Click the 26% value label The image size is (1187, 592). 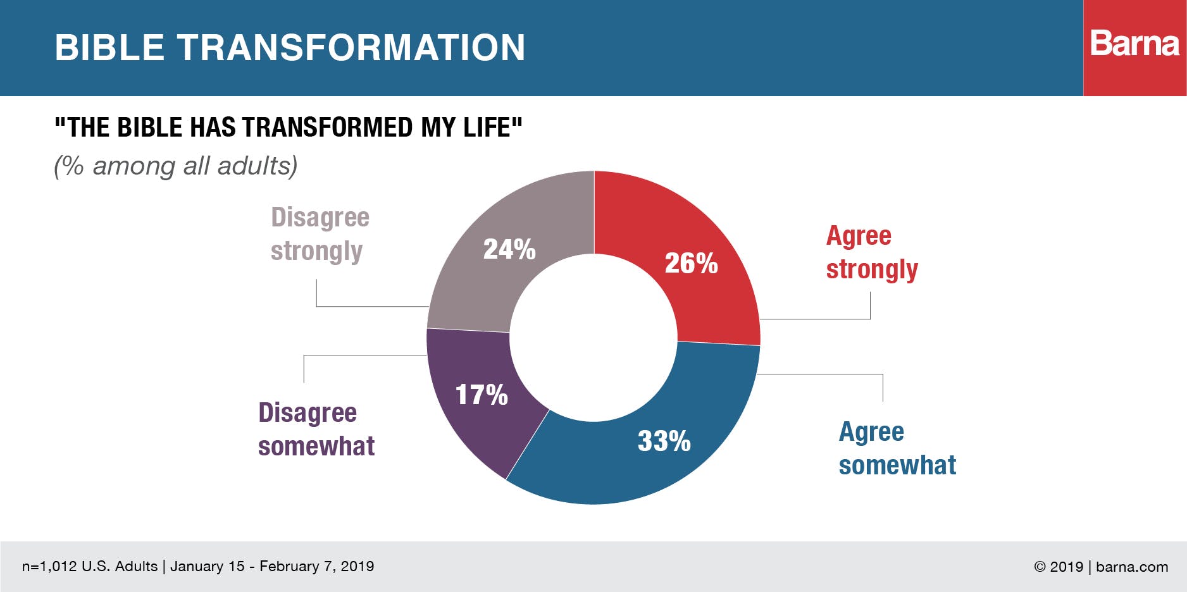691,264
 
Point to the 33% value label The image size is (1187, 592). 664,441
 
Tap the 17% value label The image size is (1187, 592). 482,395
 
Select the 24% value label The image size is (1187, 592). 509,249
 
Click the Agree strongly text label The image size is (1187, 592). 871,252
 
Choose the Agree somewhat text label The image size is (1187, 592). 897,448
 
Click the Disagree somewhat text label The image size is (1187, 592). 316,429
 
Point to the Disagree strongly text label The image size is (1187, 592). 320,234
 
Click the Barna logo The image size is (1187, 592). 1134,44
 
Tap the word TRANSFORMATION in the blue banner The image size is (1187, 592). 351,47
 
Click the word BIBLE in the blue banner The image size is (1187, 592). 109,47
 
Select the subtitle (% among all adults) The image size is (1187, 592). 175,166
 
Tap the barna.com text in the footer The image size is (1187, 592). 1132,567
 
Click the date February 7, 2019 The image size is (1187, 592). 316,566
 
